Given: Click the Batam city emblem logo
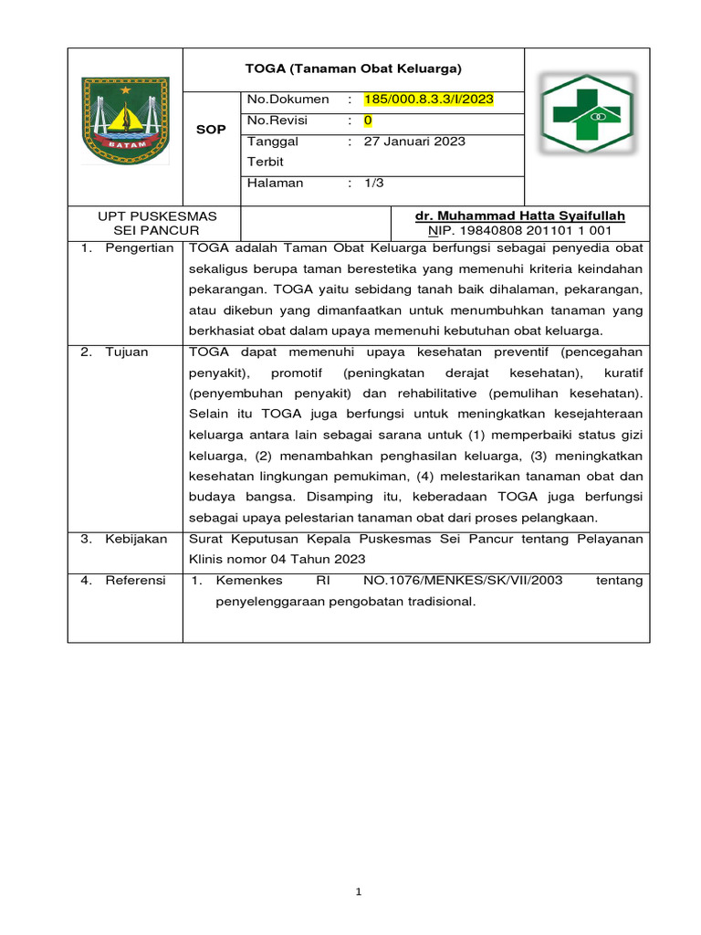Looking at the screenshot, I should click(x=125, y=120).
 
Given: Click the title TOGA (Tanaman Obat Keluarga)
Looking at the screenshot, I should click(x=353, y=68).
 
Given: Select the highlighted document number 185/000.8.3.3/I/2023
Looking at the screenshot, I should click(x=429, y=100).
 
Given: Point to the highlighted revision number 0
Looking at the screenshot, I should click(x=368, y=121).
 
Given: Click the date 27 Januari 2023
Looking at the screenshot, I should click(x=414, y=142).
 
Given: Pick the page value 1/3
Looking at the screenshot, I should click(x=373, y=184).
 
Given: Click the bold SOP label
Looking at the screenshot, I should click(x=211, y=131).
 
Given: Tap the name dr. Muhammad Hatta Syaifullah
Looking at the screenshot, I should click(x=520, y=215).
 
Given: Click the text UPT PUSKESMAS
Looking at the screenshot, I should click(x=157, y=215).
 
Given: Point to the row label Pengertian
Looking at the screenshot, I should click(x=139, y=248).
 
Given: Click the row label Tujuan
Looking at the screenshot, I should click(x=126, y=352).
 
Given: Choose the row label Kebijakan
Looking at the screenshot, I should click(x=136, y=539).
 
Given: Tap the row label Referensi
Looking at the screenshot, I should click(x=135, y=581).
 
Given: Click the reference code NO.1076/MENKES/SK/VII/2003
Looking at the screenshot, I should click(x=463, y=581).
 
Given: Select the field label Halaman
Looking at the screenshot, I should click(x=275, y=184).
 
